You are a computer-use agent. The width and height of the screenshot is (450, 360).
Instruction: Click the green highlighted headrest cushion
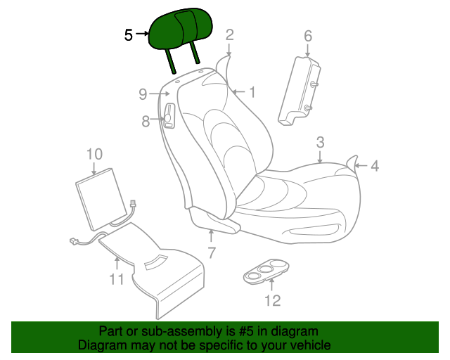tap(180, 29)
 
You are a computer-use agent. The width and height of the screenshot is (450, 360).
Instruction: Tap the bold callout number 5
tap(129, 35)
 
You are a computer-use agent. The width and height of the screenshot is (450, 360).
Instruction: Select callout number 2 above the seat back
tap(230, 35)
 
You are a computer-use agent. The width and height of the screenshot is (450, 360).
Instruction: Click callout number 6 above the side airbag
tap(308, 36)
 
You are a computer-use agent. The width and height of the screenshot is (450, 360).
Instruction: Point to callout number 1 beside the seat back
tap(252, 92)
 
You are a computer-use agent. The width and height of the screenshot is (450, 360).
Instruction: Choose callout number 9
tap(143, 94)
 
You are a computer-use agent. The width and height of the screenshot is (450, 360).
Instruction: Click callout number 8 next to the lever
tap(146, 121)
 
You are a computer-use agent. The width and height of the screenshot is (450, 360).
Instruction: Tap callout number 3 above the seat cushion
tap(321, 143)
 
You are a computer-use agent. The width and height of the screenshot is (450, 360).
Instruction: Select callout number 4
tap(375, 166)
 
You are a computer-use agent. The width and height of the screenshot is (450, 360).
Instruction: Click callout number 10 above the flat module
tap(94, 154)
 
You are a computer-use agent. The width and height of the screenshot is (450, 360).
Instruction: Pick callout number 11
tap(117, 278)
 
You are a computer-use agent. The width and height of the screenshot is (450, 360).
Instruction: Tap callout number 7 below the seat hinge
tap(211, 253)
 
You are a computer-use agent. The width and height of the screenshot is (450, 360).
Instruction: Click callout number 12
tap(272, 300)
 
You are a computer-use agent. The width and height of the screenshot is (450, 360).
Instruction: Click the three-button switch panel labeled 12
tap(266, 271)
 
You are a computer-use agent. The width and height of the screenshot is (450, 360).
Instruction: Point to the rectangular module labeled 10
tap(101, 199)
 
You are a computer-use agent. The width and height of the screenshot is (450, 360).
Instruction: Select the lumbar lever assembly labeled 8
tap(169, 115)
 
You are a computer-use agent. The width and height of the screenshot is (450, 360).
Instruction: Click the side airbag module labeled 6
tap(300, 91)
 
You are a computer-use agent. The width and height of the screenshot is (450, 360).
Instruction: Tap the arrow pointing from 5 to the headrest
tap(142, 34)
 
